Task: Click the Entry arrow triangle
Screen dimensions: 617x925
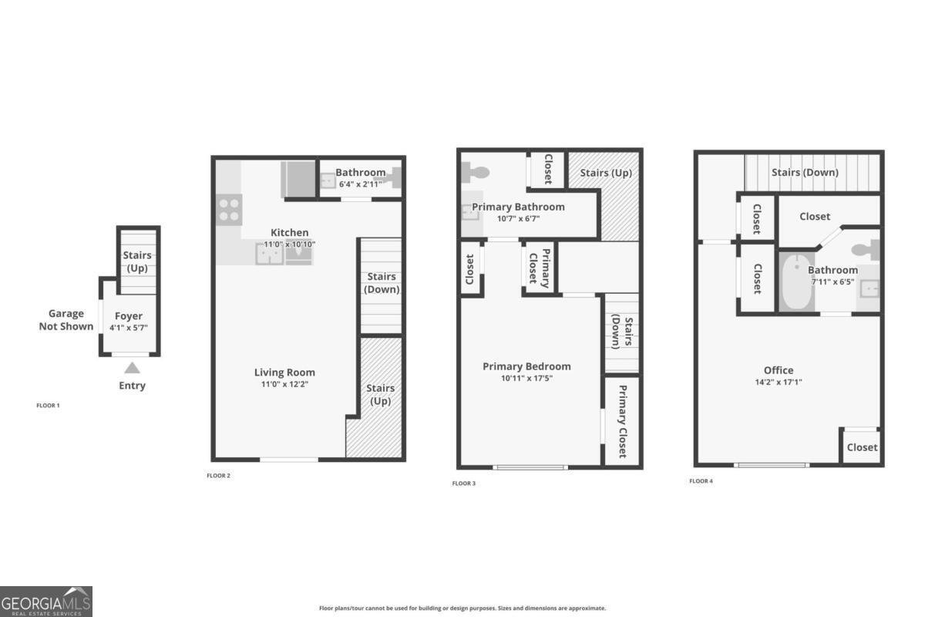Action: coord(133,368)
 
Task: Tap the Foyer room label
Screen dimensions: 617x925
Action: coord(129,316)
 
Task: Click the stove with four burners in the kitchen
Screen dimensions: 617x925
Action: coord(229,210)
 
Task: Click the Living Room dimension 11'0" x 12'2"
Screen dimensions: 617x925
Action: coord(284,384)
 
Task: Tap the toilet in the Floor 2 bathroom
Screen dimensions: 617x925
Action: coord(392,178)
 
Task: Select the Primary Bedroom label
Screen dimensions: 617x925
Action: coord(526,366)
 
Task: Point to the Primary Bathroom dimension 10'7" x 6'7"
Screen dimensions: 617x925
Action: coord(518,218)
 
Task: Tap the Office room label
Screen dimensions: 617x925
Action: coord(779,370)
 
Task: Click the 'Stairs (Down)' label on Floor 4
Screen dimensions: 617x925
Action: coord(805,173)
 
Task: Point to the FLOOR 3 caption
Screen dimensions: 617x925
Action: coord(463,484)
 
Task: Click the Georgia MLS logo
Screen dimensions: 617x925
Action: coord(46,601)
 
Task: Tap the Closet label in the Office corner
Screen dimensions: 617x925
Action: coord(862,447)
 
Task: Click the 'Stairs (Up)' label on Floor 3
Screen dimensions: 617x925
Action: coord(605,173)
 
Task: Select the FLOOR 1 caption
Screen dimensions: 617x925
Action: coord(48,405)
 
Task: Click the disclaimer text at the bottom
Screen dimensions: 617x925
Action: coord(462,608)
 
